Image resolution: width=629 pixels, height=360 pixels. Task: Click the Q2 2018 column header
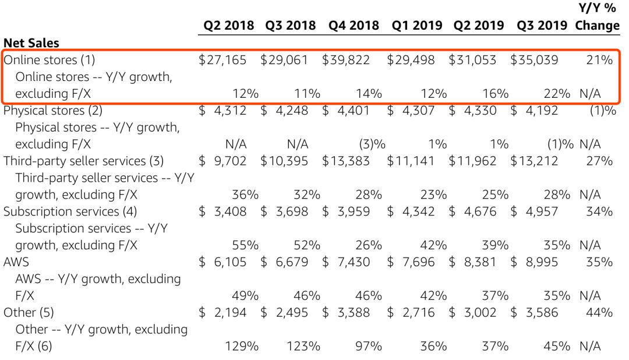(228, 26)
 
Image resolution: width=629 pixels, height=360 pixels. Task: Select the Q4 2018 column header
(354, 26)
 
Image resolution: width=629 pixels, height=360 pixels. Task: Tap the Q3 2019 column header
(542, 26)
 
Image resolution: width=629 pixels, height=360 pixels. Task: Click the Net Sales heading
(31, 43)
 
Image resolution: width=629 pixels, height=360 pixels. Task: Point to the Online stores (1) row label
(49, 60)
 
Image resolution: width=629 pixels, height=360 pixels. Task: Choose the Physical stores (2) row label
(53, 110)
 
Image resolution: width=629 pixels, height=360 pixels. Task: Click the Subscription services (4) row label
(70, 211)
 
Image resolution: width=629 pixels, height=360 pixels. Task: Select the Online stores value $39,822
(346, 60)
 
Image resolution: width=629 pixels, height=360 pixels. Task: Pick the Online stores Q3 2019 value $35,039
(534, 60)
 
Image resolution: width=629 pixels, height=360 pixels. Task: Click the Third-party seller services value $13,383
(346, 161)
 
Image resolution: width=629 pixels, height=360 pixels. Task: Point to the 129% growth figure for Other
(242, 346)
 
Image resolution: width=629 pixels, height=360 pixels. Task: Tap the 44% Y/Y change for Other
(599, 312)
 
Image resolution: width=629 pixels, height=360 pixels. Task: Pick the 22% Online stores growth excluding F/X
(557, 93)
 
